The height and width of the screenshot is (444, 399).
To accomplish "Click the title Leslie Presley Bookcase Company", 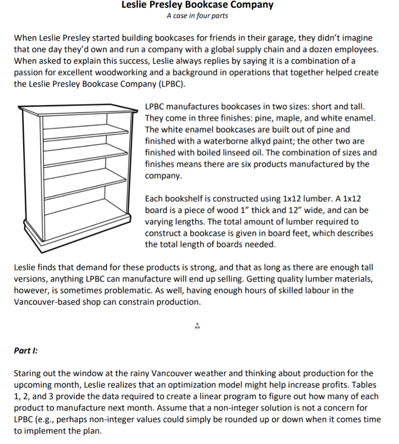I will click(x=197, y=5).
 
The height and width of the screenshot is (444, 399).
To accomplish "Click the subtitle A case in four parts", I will click(x=197, y=16).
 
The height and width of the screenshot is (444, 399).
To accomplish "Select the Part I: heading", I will click(x=26, y=350).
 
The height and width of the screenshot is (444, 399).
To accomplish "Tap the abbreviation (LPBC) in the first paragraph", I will click(x=170, y=84).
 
